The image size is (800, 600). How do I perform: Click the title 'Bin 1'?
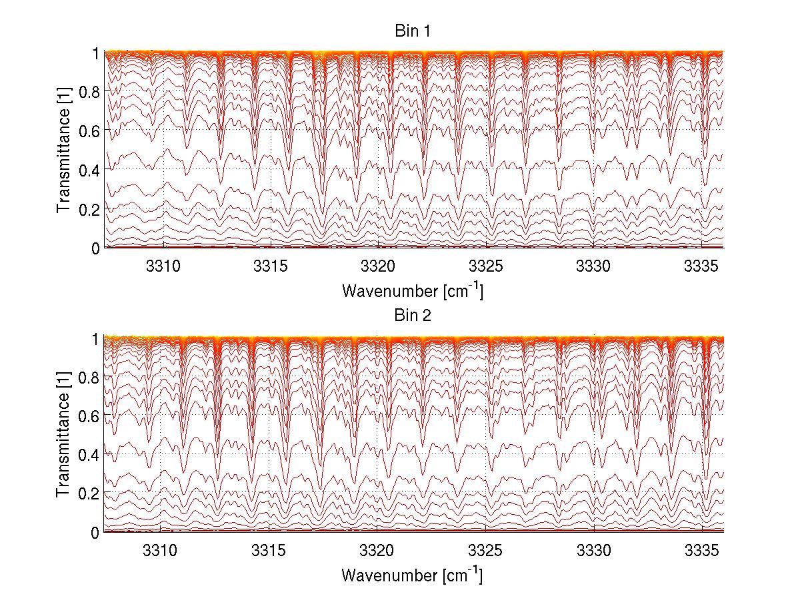[413, 31]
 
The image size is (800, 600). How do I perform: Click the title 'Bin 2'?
[413, 316]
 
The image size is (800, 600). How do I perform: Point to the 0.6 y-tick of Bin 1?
[91, 131]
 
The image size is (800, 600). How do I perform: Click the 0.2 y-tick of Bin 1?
[91, 208]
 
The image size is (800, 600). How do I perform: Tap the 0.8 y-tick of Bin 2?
[91, 377]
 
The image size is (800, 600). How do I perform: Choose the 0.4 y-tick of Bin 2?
[91, 454]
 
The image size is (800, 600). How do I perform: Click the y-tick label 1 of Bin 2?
[96, 338]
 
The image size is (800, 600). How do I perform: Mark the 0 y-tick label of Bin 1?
[96, 248]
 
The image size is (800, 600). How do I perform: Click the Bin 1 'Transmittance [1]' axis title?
[64, 150]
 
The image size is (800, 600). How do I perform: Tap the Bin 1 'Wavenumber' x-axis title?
[413, 291]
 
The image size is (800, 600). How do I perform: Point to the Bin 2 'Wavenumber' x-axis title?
[413, 575]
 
